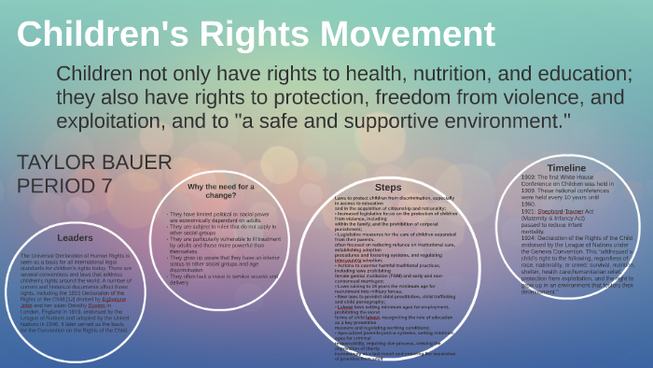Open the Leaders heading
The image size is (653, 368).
(74, 237)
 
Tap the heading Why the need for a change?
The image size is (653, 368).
(222, 191)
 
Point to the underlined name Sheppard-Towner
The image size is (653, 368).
(563, 212)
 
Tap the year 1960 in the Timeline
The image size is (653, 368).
(529, 205)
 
